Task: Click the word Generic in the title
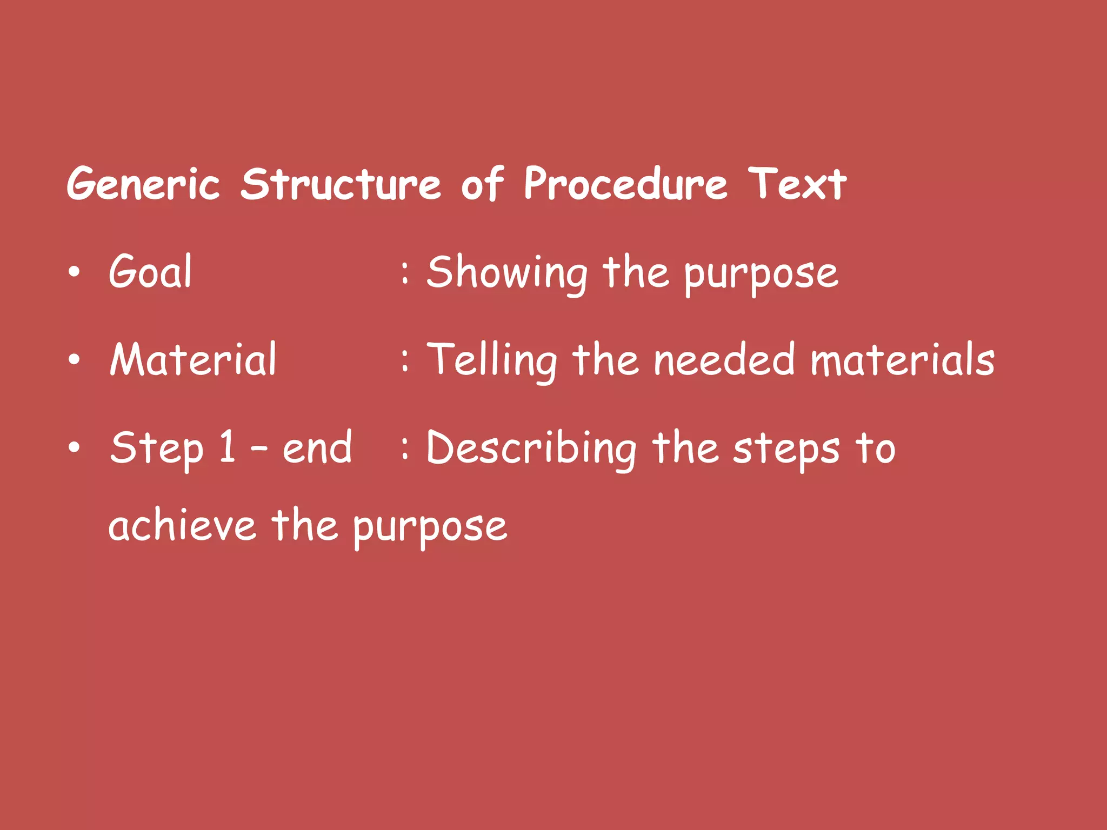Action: (143, 184)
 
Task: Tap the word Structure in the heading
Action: (341, 184)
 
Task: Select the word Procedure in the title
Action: (626, 184)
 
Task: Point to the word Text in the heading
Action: (797, 184)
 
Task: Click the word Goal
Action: (150, 271)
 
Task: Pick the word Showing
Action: (506, 273)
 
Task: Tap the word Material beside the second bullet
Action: (193, 359)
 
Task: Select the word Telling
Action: (491, 361)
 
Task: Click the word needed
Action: (724, 360)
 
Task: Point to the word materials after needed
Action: (902, 360)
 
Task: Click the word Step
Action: (157, 449)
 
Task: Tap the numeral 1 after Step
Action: (228, 447)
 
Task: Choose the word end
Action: (317, 448)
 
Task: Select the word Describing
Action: (531, 449)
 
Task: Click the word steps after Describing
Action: (786, 449)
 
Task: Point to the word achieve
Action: (182, 526)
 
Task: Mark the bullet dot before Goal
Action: (74, 272)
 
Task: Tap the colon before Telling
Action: (405, 360)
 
